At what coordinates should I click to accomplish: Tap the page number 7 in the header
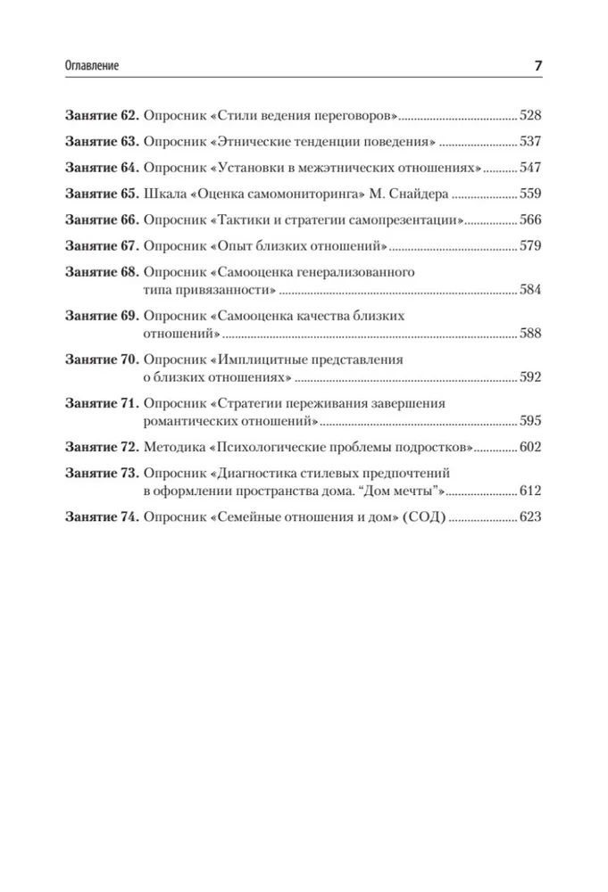click(x=537, y=67)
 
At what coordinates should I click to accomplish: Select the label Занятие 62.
click(x=101, y=116)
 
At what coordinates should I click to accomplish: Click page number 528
click(x=532, y=116)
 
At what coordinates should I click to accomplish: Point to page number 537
click(x=532, y=142)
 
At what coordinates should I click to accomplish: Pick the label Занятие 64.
click(x=101, y=168)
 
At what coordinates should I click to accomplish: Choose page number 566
click(x=532, y=219)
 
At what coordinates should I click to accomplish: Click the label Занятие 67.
click(x=101, y=245)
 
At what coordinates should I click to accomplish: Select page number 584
click(x=532, y=290)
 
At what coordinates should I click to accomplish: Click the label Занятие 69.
click(x=101, y=317)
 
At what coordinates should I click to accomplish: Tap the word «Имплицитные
click(x=267, y=360)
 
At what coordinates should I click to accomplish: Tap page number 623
click(x=532, y=517)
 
